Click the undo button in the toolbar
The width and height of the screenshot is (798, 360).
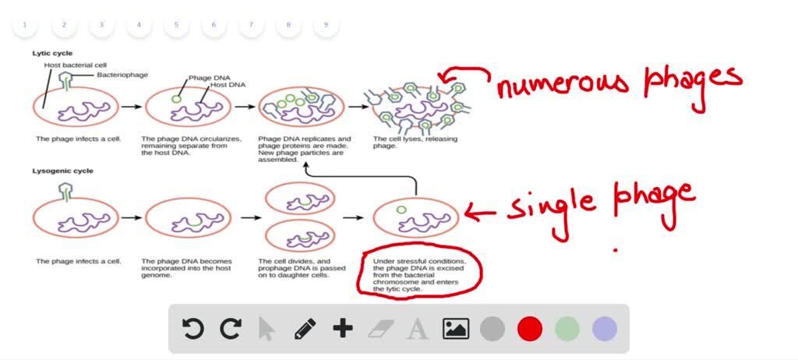coord(192,329)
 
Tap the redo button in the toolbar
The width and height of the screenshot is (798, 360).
coord(230,329)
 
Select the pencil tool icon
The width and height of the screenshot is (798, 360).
coord(305,329)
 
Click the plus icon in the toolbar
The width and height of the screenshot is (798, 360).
coord(343,329)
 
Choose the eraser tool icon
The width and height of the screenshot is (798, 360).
coord(380,329)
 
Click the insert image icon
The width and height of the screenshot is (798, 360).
coord(456,329)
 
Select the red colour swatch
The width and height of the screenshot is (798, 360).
coord(530,329)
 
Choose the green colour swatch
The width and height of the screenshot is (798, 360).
coord(567,329)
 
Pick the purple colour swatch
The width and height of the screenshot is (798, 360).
coord(605,329)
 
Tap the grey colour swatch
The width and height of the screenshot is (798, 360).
coord(493,329)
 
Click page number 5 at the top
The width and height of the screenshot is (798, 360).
coord(176,25)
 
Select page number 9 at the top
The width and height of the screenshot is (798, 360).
coord(326,25)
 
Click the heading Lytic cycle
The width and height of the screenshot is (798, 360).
coord(52,53)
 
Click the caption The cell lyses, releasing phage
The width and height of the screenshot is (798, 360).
coord(415,142)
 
